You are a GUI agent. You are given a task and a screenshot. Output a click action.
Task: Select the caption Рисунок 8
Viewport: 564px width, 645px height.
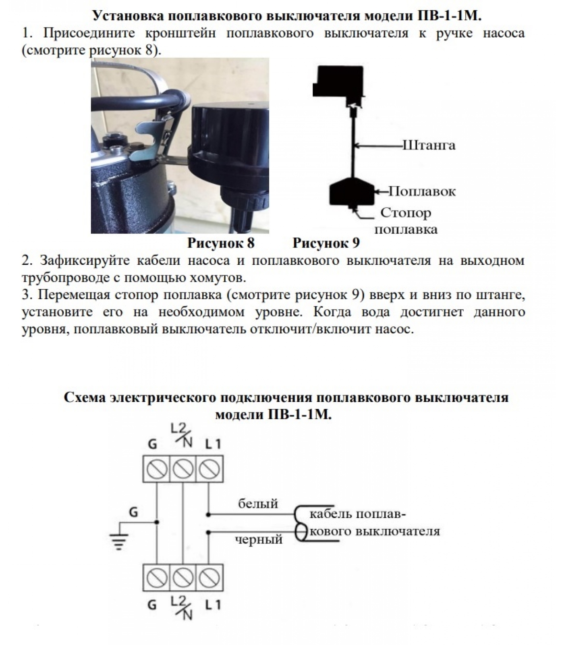pyautogui.click(x=221, y=243)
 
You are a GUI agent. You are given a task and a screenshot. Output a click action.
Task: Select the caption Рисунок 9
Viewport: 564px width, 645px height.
pyautogui.click(x=326, y=243)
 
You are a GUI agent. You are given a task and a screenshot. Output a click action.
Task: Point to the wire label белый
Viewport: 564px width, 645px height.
pyautogui.click(x=258, y=504)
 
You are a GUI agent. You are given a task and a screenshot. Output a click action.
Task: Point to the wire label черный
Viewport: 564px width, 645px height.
pyautogui.click(x=259, y=539)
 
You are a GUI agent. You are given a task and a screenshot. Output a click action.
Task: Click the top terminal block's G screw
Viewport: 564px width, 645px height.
pyautogui.click(x=157, y=469)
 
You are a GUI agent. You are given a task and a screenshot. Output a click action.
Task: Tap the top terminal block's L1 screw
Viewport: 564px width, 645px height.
pyautogui.click(x=209, y=469)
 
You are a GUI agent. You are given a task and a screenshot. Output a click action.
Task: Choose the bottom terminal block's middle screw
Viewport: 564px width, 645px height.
pyautogui.click(x=183, y=578)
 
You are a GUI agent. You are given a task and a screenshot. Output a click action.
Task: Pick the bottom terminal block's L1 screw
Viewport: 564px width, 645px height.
pyautogui.click(x=209, y=578)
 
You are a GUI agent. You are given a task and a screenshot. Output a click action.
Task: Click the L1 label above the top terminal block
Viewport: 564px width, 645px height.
pyautogui.click(x=213, y=444)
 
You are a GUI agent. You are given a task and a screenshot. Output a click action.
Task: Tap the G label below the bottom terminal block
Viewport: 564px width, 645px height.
pyautogui.click(x=152, y=605)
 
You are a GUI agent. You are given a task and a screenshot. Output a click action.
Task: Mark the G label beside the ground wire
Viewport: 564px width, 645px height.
pyautogui.click(x=133, y=512)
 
